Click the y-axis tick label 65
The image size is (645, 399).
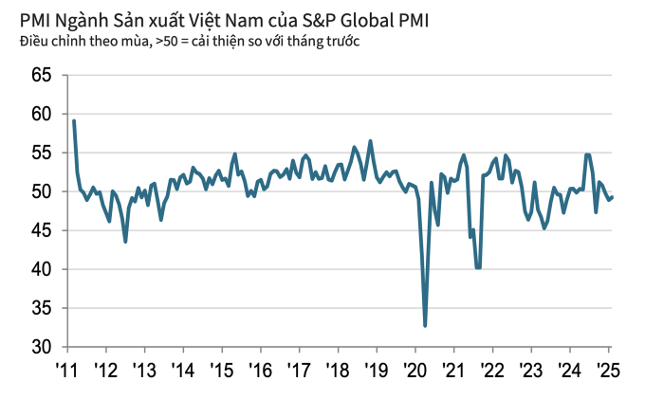tap(42, 75)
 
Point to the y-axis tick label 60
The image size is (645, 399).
tap(42, 114)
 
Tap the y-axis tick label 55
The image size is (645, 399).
tap(42, 153)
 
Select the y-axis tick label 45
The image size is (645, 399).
tap(42, 230)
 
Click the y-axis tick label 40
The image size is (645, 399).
tap(42, 269)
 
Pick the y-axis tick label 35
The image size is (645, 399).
tap(42, 308)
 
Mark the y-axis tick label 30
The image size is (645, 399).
tap(42, 347)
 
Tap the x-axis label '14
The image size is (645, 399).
tap(183, 368)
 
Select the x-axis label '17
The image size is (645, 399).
tap(300, 368)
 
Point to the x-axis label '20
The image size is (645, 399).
tap(415, 368)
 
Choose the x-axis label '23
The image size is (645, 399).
tap(531, 368)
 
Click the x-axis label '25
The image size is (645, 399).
tap(608, 368)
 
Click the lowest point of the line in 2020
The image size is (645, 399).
tap(425, 326)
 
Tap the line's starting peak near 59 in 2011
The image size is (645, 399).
tap(74, 120)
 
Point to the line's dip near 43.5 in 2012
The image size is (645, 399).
tap(125, 242)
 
